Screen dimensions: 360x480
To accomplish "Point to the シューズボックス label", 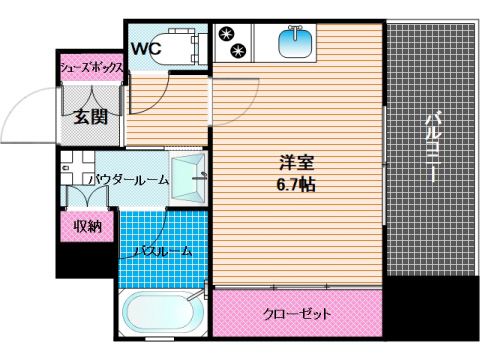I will point(91,67).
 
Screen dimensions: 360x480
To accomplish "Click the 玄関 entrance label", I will point(90,116).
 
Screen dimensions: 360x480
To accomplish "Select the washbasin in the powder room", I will point(187,180).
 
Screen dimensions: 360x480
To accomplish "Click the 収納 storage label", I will point(88,226).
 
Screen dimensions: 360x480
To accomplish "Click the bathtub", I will point(161,317).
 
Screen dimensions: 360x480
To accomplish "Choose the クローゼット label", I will point(297,313).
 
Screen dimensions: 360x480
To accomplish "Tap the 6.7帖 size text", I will point(297,185).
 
